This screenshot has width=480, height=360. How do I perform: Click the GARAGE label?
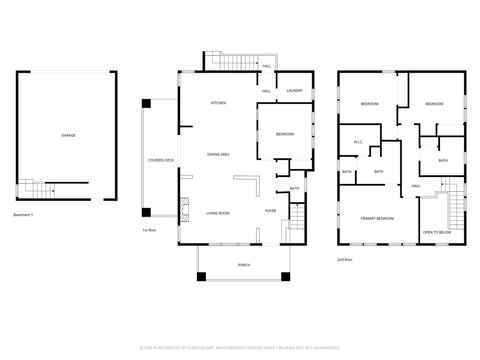[x=68, y=135]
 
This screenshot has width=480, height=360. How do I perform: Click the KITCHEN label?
[x=217, y=104]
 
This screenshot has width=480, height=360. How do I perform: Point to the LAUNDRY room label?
[x=294, y=91]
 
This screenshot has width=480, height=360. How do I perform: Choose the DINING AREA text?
[x=218, y=154]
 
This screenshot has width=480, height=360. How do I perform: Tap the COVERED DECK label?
[x=161, y=160]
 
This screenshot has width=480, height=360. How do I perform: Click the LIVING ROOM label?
[x=218, y=213]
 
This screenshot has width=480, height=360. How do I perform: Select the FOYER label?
[x=270, y=212]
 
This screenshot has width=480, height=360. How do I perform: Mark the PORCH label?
[x=243, y=265]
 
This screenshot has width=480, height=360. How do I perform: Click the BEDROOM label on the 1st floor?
[x=285, y=134]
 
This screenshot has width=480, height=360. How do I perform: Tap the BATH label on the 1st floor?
[x=294, y=188]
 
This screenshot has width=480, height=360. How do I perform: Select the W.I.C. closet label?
[x=356, y=142]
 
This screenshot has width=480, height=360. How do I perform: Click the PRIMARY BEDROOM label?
[x=377, y=218]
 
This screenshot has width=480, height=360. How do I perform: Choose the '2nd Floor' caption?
[x=345, y=258]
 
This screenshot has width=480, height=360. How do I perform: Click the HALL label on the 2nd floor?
[x=416, y=186]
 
